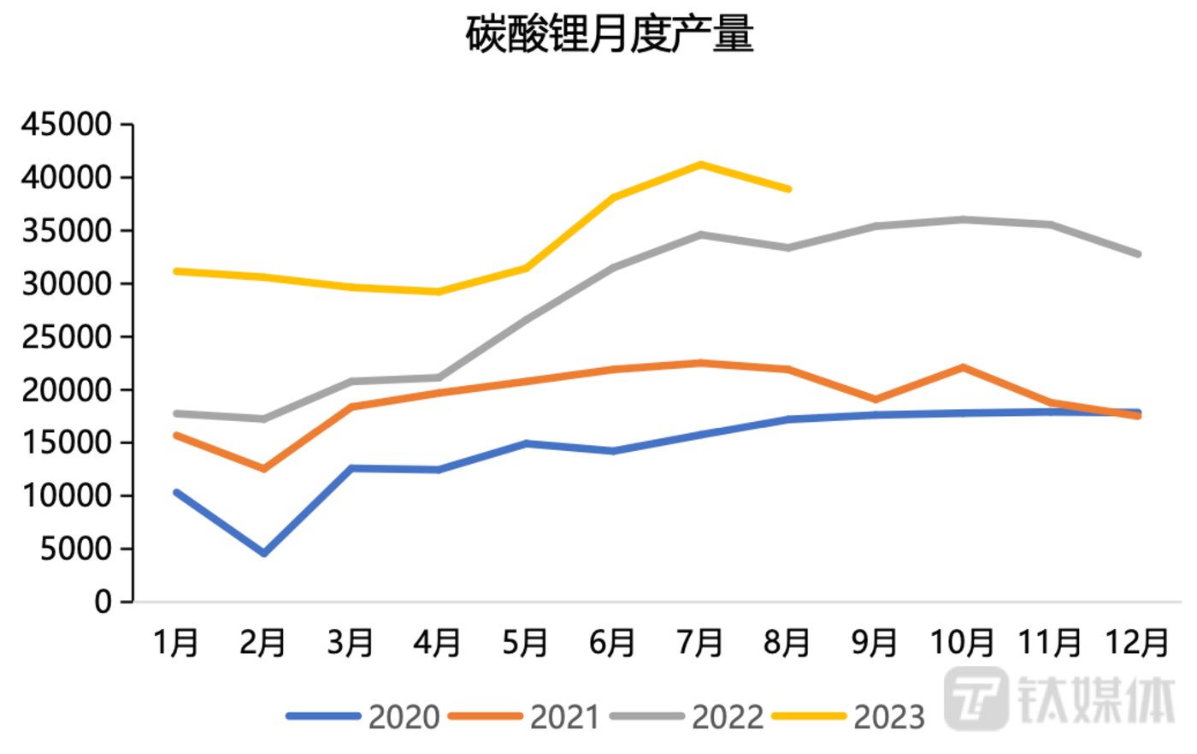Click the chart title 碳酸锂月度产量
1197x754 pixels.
pos(609,34)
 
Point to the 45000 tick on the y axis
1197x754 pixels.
pos(67,125)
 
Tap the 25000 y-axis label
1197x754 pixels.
pos(67,337)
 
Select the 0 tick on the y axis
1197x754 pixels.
pos(103,602)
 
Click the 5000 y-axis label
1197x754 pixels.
pos(75,549)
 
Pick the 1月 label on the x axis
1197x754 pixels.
pos(176,642)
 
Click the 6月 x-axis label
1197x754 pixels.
pos(612,642)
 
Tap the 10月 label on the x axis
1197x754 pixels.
pos(962,642)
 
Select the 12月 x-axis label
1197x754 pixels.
pos(1137,642)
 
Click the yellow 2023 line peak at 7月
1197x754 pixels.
pos(700,164)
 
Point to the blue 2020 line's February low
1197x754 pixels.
pos(264,554)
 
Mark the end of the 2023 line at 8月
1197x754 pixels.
pos(787,188)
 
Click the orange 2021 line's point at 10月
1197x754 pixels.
pos(964,367)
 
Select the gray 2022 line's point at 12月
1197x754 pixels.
pos(1138,254)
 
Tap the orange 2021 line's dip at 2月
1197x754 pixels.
pos(264,469)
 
